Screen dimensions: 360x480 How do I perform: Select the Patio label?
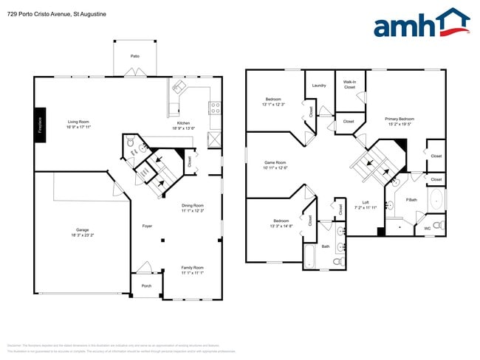click(x=135, y=55)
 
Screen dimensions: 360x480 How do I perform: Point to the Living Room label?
click(x=78, y=121)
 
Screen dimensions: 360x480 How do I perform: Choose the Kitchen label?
click(x=183, y=123)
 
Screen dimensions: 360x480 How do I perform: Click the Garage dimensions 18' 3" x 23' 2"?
click(x=83, y=235)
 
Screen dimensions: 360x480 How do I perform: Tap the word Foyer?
click(x=148, y=226)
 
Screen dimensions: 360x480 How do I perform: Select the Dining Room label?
click(x=193, y=206)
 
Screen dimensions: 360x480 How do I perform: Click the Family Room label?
click(x=193, y=267)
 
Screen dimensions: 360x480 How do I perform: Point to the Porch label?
click(x=145, y=284)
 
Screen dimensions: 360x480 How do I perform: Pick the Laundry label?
click(x=319, y=86)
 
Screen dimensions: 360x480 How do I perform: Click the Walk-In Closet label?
click(x=349, y=84)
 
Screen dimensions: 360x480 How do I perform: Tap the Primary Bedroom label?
click(x=400, y=118)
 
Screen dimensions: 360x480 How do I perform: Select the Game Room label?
click(x=275, y=162)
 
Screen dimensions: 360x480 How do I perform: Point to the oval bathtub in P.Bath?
click(x=436, y=200)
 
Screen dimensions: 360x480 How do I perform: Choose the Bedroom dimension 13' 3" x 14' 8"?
click(x=282, y=226)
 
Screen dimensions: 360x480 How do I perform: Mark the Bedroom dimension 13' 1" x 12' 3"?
click(x=273, y=104)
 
